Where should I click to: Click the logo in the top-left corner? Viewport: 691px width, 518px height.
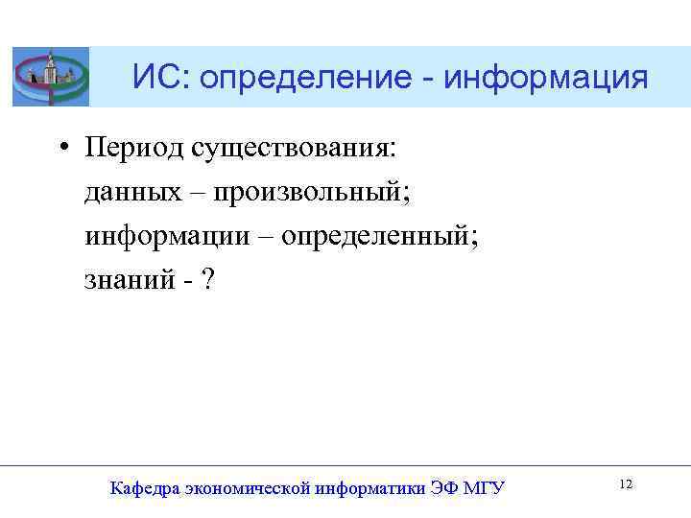(51, 77)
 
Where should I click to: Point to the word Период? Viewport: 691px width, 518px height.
(134, 148)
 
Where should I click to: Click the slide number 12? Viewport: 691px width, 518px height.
(626, 484)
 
